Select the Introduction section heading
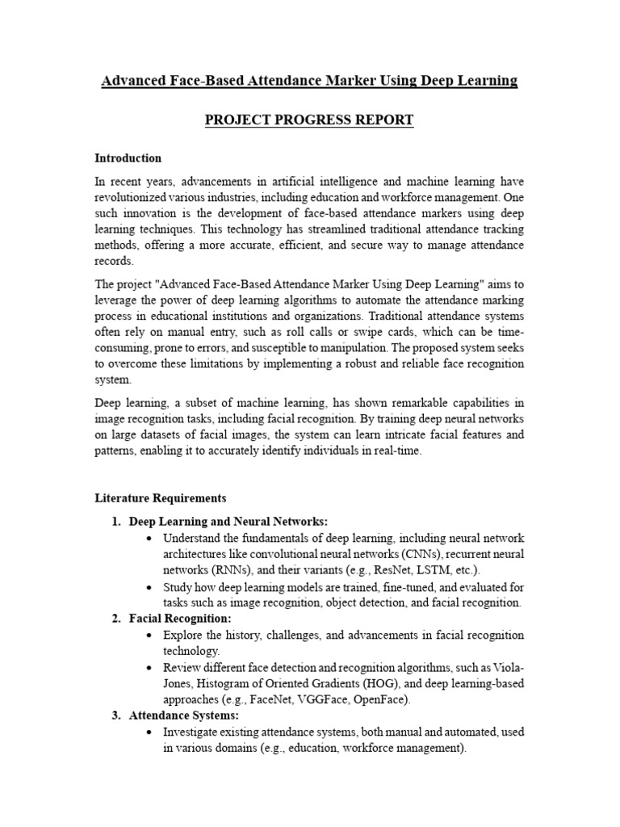point(128,158)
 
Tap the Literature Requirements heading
point(161,497)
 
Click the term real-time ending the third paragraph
point(396,451)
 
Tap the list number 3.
point(116,716)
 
